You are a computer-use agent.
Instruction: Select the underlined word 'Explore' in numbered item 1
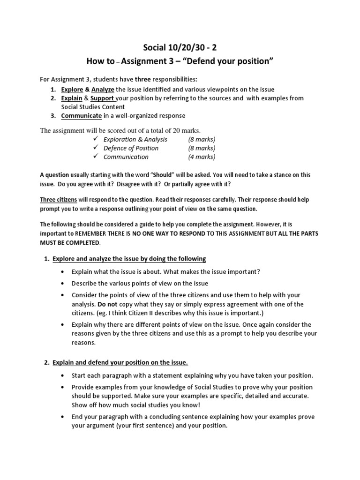[x=71, y=90]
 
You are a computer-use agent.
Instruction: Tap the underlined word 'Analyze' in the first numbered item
[x=103, y=90]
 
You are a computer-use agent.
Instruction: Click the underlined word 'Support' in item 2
[x=102, y=98]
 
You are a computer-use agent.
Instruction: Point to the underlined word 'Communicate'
[x=81, y=116]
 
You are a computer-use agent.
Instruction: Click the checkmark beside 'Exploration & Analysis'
[x=95, y=140]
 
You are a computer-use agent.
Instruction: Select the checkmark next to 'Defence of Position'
[x=95, y=148]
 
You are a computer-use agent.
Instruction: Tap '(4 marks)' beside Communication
[x=202, y=157]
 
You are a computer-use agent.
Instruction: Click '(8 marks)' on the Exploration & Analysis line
[x=202, y=140]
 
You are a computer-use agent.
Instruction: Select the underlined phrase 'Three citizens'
[x=59, y=200]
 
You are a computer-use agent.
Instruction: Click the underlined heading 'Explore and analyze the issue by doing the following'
[x=129, y=259]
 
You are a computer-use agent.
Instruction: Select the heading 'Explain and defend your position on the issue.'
[x=120, y=363]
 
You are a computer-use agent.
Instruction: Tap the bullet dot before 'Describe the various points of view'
[x=62, y=284]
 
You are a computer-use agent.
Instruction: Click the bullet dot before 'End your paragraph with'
[x=62, y=417]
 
